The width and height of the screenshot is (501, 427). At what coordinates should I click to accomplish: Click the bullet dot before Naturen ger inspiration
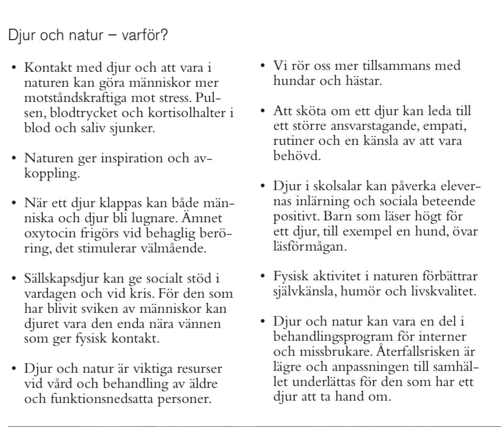pos(14,158)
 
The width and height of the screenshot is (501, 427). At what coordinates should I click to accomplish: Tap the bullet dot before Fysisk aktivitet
pos(263,276)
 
